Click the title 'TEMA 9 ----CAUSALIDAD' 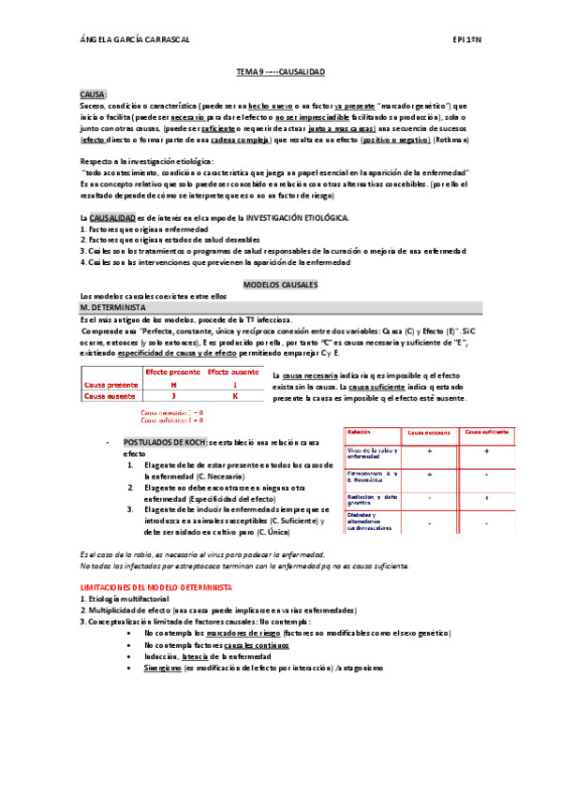280,70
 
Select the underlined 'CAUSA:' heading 94,95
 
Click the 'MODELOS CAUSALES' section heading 280,283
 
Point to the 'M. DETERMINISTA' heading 112,307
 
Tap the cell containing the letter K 234,396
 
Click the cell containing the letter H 172,384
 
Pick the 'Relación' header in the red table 362,433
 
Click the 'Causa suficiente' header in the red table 487,433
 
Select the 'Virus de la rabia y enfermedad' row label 373,453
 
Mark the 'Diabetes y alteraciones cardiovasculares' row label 373,521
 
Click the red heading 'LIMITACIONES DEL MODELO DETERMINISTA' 157,586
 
